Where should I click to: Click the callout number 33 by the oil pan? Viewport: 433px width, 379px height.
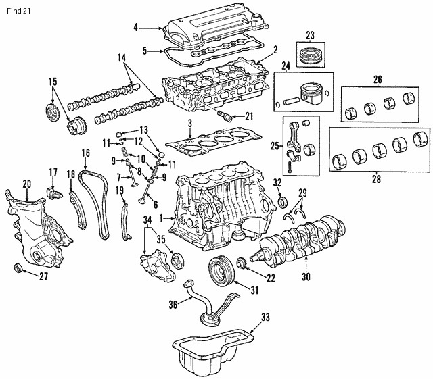tap(265, 316)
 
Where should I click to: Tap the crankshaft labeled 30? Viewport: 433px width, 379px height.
tap(298, 240)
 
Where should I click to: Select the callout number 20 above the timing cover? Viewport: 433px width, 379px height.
tap(27, 184)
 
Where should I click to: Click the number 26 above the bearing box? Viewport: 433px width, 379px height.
tap(378, 80)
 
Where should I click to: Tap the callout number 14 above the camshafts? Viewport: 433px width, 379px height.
tap(121, 59)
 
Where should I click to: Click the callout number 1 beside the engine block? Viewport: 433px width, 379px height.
tap(161, 218)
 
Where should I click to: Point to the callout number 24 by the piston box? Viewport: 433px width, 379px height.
tap(286, 66)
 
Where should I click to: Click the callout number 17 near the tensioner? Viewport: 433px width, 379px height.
tap(52, 172)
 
